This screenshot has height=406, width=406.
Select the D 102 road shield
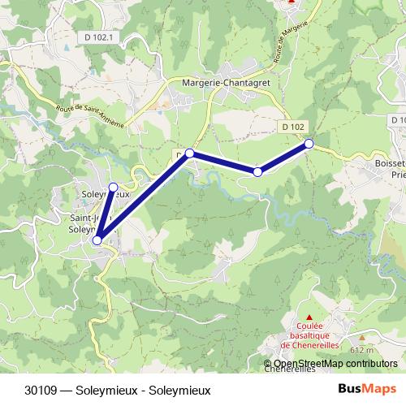click(x=294, y=127)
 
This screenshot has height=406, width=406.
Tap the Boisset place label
click(x=390, y=162)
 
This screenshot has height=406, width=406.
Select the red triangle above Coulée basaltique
click(x=309, y=317)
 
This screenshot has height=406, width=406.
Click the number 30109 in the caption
click(x=41, y=391)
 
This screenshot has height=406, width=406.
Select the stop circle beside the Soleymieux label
click(x=114, y=187)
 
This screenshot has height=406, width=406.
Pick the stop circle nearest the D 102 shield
click(x=309, y=144)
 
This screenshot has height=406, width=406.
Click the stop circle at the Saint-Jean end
click(x=97, y=240)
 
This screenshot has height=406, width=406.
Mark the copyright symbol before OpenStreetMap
click(x=268, y=364)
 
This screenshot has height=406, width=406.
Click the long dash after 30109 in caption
click(x=65, y=391)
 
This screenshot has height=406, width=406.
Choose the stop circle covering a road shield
click(x=189, y=153)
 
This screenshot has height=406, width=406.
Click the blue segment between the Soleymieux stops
click(x=106, y=213)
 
